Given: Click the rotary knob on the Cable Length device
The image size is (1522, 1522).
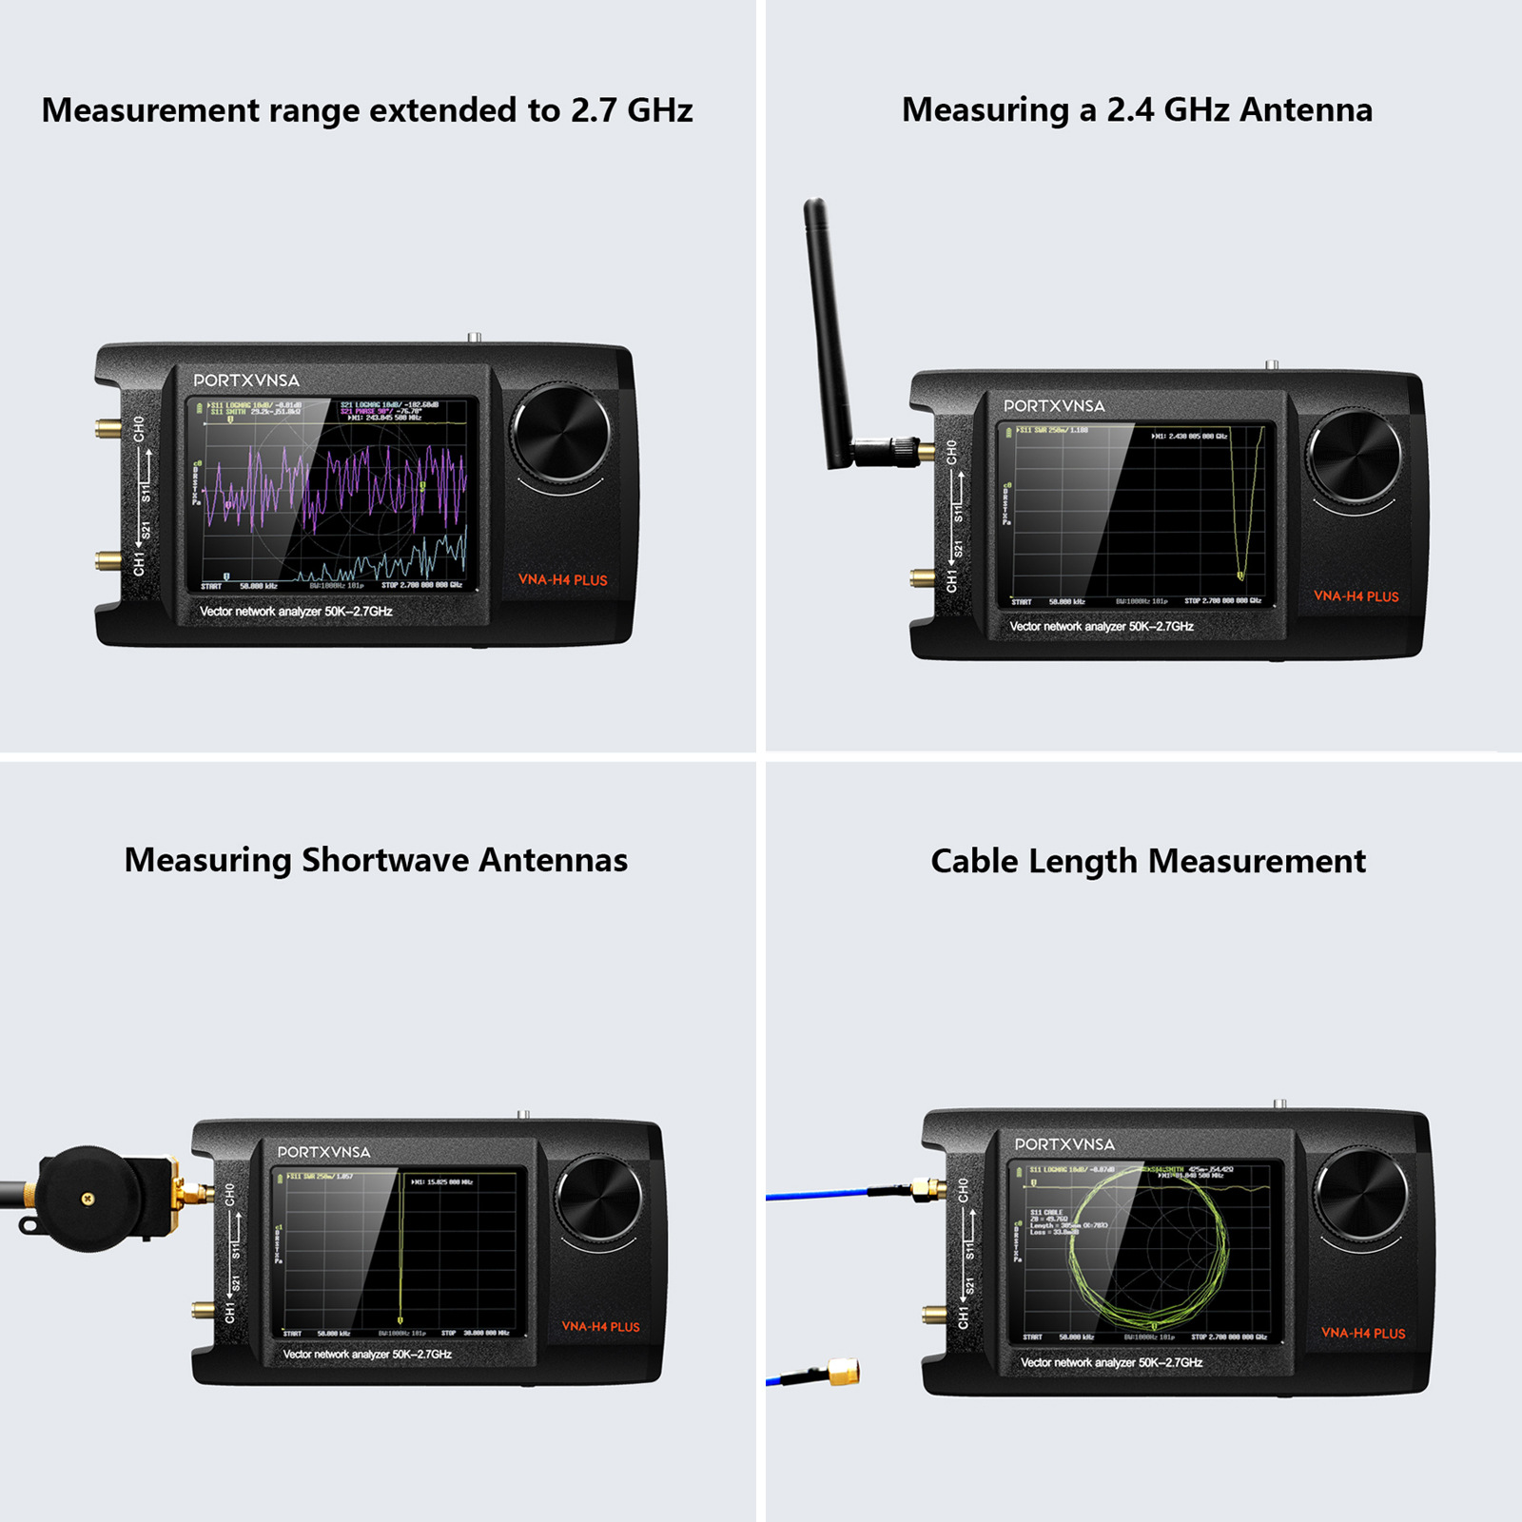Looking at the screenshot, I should pos(1360,1195).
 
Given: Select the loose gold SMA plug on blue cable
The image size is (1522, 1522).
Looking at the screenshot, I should pos(842,1372).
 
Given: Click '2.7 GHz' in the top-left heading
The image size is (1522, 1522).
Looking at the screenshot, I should pos(631,110).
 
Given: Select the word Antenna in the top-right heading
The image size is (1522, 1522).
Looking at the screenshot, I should pos(1305,110).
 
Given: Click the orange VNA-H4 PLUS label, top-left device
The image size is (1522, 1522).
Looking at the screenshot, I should pos(562,579).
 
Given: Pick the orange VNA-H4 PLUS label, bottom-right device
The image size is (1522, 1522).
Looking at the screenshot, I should pos(1362,1333).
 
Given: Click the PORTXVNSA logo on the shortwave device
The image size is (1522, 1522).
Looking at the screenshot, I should pos(323,1152).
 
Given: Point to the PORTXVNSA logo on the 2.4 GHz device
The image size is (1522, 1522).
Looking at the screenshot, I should pos(1054,406).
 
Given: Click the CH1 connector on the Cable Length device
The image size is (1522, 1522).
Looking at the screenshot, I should pos(934,1316).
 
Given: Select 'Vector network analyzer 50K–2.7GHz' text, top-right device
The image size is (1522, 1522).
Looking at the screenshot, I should pos(1101,627).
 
